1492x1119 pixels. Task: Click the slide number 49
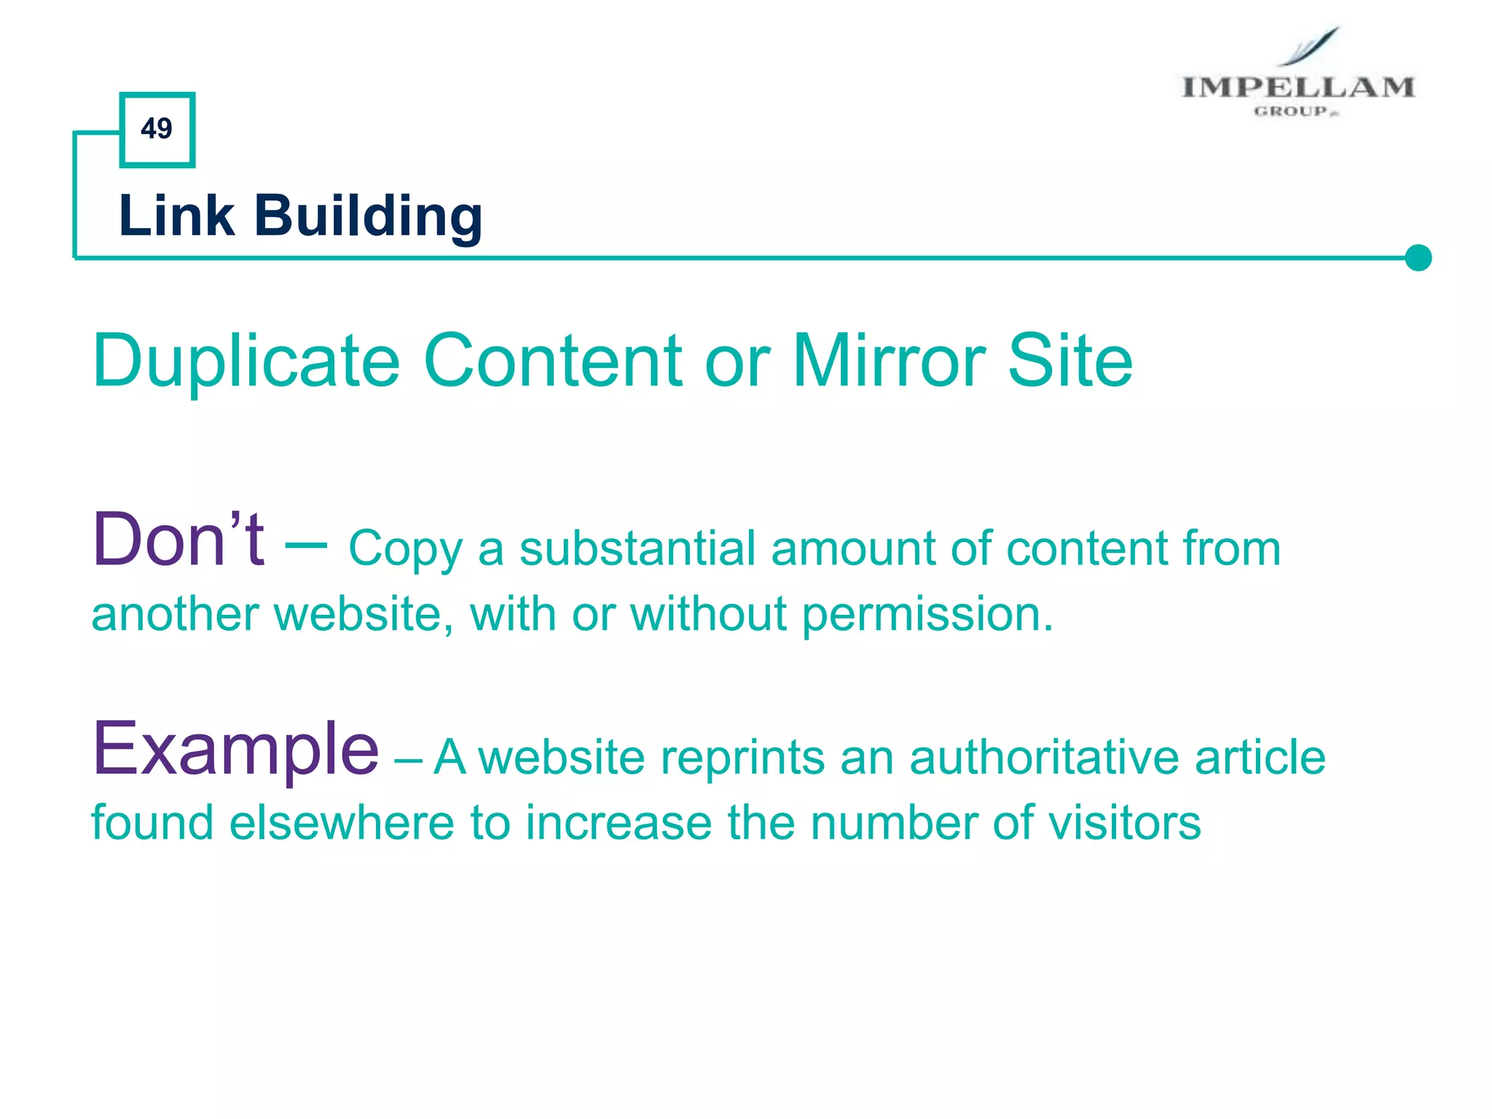[157, 129]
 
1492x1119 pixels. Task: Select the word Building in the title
[368, 217]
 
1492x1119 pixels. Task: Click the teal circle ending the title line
[1418, 258]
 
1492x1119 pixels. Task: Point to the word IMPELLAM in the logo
[1297, 87]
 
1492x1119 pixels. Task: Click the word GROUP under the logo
[1291, 111]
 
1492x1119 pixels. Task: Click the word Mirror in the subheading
[889, 360]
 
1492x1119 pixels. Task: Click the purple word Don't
[178, 540]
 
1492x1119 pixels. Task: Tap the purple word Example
[235, 749]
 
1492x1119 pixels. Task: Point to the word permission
[927, 614]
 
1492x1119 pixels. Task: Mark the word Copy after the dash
[405, 550]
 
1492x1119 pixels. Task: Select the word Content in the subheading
[553, 360]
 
